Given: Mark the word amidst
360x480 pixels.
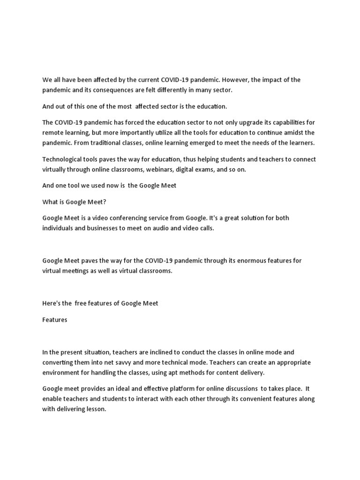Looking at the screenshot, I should tap(287, 132).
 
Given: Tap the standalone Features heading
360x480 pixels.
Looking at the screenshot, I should tap(55, 320).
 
